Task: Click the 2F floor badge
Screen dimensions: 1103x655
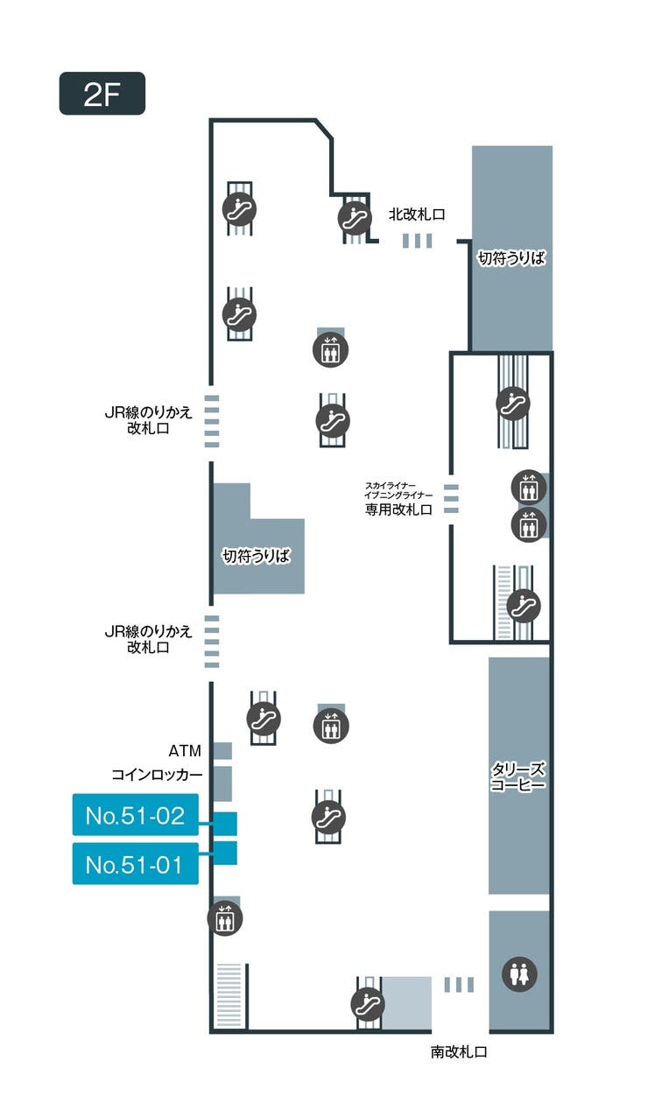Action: coord(102,94)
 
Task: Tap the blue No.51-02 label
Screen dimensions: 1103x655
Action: coord(135,816)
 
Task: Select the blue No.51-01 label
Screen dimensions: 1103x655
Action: coord(135,864)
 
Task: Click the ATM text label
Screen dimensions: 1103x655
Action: coord(186,751)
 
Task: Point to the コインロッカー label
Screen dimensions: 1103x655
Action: coord(157,776)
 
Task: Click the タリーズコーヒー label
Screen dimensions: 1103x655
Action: coord(518,777)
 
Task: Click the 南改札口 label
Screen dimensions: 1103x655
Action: coord(458,1052)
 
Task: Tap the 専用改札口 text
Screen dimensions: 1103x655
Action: coord(398,509)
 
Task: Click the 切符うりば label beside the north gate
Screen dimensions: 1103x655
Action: coord(511,258)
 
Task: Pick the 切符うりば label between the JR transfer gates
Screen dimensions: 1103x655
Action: coord(256,556)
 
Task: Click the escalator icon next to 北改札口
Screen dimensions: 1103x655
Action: coord(355,216)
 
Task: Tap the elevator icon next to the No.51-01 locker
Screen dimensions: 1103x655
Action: coord(225,918)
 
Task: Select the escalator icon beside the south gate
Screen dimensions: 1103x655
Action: coord(368,1003)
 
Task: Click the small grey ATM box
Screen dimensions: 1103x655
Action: coord(222,751)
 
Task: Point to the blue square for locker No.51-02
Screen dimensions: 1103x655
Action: coord(225,824)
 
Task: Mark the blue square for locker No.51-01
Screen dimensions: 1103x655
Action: coord(225,853)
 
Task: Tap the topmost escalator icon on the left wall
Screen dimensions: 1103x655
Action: coord(239,208)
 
